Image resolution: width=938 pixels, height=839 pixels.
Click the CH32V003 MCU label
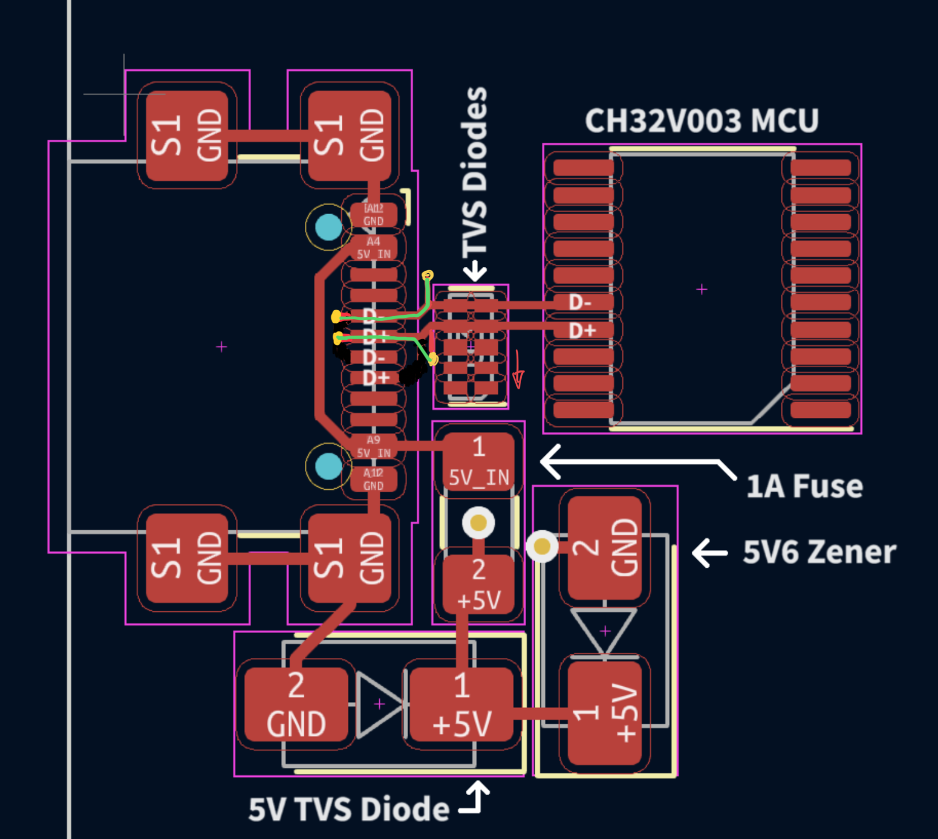pyautogui.click(x=701, y=121)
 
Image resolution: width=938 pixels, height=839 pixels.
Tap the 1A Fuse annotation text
pyautogui.click(x=804, y=486)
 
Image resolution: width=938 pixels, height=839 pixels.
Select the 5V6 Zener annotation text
pyautogui.click(x=819, y=552)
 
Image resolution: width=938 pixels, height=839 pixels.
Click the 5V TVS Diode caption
pyautogui.click(x=348, y=809)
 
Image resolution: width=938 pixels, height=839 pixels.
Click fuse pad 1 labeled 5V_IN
pyautogui.click(x=478, y=461)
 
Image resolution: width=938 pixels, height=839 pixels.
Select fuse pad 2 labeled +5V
pyautogui.click(x=478, y=584)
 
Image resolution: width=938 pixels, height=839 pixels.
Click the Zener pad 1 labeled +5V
pyautogui.click(x=605, y=712)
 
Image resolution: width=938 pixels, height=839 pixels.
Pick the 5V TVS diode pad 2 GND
pyautogui.click(x=296, y=704)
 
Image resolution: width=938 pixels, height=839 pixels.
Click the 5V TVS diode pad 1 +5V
pyautogui.click(x=461, y=704)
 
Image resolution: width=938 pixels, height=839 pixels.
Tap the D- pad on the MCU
pyautogui.click(x=582, y=303)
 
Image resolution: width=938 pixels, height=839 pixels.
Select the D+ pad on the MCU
pyautogui.click(x=582, y=330)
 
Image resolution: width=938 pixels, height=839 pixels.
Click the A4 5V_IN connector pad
pyautogui.click(x=374, y=248)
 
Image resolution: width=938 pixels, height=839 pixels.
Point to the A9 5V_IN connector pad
pyautogui.click(x=374, y=446)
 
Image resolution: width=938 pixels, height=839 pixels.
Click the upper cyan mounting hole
pyautogui.click(x=328, y=227)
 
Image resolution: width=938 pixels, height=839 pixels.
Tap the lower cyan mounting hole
pyautogui.click(x=328, y=466)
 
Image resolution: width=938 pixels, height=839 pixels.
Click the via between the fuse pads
pyautogui.click(x=478, y=523)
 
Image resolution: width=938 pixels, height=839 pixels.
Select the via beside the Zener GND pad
pyautogui.click(x=542, y=546)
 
